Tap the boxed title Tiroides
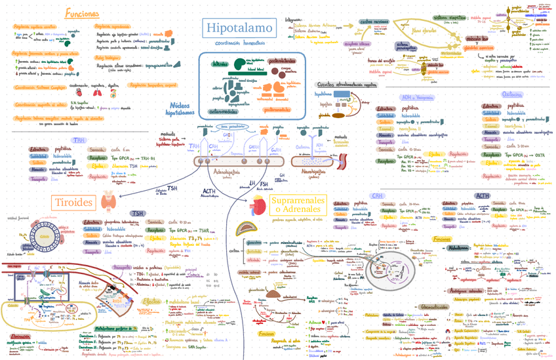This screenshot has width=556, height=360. pyautogui.click(x=74, y=201)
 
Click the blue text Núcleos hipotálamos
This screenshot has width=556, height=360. pyautogui.click(x=180, y=109)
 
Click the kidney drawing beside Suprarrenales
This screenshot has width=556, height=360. pyautogui.click(x=260, y=205)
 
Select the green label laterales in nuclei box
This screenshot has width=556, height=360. pyautogui.click(x=220, y=64)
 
